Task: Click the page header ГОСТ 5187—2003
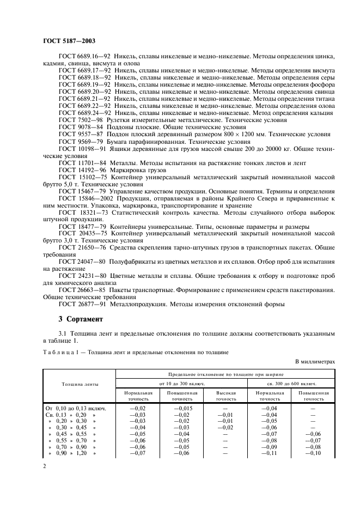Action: [x=69, y=41]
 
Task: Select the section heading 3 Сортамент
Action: [x=81, y=318]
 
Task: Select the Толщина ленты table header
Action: [x=79, y=384]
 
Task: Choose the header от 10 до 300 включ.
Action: [x=181, y=384]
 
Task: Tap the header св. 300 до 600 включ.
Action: [x=291, y=384]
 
